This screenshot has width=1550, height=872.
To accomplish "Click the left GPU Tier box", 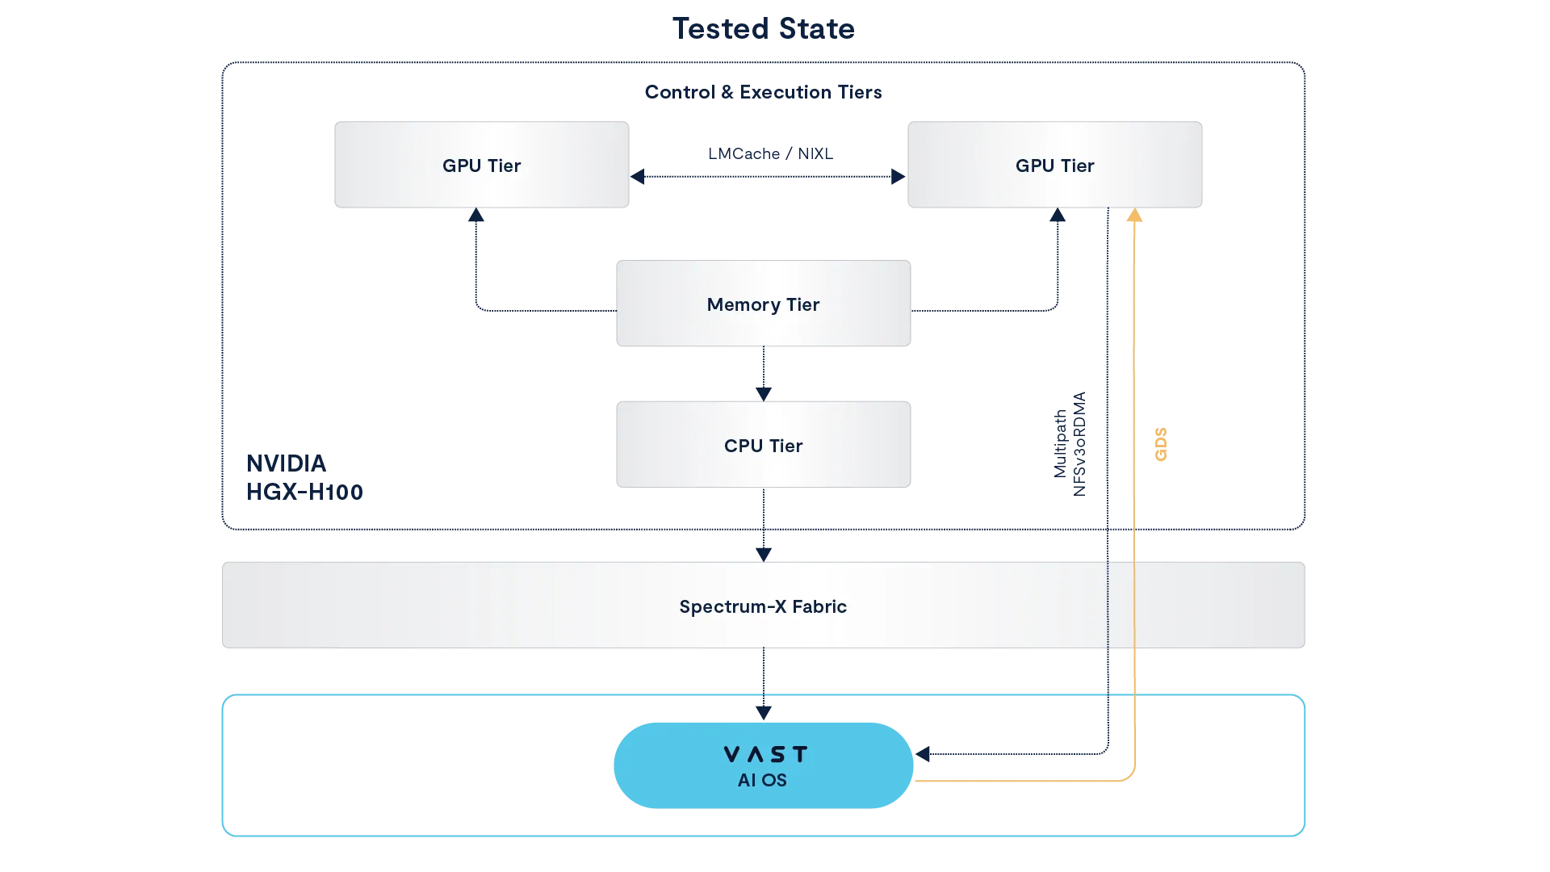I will pyautogui.click(x=481, y=166).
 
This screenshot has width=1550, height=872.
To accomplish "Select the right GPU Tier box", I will pyautogui.click(x=1054, y=166).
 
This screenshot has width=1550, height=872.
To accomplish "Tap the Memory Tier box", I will pyautogui.click(x=763, y=304).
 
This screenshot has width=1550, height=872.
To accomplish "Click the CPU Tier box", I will pyautogui.click(x=763, y=446).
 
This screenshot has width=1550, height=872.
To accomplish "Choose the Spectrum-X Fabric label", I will pyautogui.click(x=763, y=606).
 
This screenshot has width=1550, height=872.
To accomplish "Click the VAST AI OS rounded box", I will pyautogui.click(x=763, y=765).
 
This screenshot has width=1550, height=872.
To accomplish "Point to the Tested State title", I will pyautogui.click(x=764, y=27).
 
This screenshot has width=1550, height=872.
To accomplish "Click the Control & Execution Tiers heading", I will pyautogui.click(x=764, y=93).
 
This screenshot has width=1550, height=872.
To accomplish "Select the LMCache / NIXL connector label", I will pyautogui.click(x=768, y=153).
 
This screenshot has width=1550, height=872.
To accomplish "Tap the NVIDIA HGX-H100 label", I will pyautogui.click(x=305, y=476).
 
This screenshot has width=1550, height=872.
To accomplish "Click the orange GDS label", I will pyautogui.click(x=1159, y=445).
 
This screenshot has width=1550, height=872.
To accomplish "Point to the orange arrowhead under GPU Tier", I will pyautogui.click(x=1133, y=216).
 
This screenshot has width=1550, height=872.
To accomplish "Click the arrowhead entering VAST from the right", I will pyautogui.click(x=923, y=753).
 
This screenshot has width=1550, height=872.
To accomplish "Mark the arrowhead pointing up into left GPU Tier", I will pyautogui.click(x=475, y=216).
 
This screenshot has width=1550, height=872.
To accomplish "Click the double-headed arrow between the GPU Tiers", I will pyautogui.click(x=767, y=177).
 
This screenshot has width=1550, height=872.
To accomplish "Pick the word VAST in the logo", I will pyautogui.click(x=765, y=754).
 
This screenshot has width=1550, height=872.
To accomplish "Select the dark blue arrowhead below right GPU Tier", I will pyautogui.click(x=1056, y=216).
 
